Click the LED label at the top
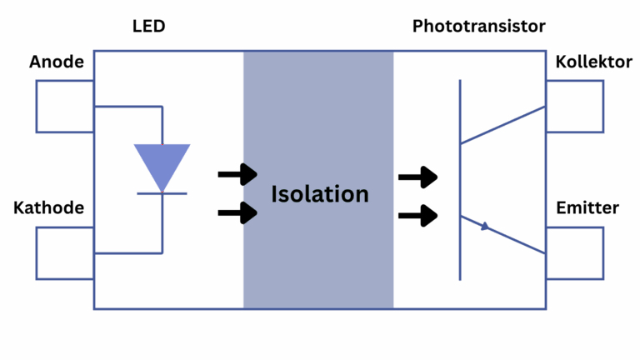149,27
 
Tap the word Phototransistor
478,27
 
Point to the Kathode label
49,207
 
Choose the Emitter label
587,207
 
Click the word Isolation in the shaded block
319,194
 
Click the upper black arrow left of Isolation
237,175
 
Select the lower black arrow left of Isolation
237,212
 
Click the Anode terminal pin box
65,107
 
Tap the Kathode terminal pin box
65,252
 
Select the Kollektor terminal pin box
575,107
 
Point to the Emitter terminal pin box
575,252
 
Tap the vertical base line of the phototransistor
459,179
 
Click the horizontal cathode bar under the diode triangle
162,194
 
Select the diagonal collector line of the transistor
502,125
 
